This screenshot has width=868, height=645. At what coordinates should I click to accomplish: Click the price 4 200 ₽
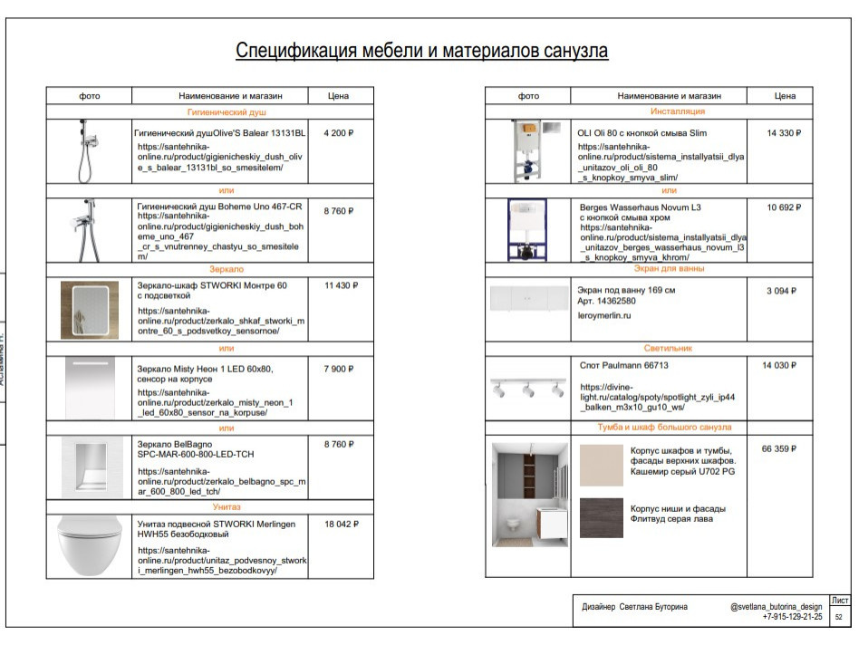(x=338, y=133)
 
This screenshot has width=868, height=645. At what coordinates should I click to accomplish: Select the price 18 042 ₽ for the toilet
(x=341, y=524)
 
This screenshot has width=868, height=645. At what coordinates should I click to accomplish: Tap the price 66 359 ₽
(x=780, y=448)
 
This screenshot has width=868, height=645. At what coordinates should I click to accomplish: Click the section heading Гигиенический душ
(x=226, y=112)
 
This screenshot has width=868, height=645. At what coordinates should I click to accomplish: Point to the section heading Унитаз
(x=226, y=506)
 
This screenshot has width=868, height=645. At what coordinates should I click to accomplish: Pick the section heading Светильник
(x=669, y=348)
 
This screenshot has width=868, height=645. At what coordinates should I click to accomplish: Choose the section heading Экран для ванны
(x=669, y=269)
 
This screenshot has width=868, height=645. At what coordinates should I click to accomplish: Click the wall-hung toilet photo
(x=89, y=546)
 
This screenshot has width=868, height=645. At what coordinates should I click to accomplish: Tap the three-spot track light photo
(x=528, y=388)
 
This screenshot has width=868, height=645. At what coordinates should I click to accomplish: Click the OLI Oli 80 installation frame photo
(x=528, y=149)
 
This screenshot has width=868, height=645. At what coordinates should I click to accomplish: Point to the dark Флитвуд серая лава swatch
(x=602, y=518)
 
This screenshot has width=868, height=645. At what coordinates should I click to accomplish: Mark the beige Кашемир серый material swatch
(x=602, y=465)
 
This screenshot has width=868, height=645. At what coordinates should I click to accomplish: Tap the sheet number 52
(x=838, y=617)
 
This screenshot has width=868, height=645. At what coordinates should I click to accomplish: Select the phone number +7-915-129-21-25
(x=793, y=617)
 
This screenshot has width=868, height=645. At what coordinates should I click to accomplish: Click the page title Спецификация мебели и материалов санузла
(x=421, y=50)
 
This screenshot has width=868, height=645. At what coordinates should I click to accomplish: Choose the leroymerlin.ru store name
(x=603, y=316)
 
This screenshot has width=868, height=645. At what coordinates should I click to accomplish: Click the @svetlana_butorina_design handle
(x=776, y=606)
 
